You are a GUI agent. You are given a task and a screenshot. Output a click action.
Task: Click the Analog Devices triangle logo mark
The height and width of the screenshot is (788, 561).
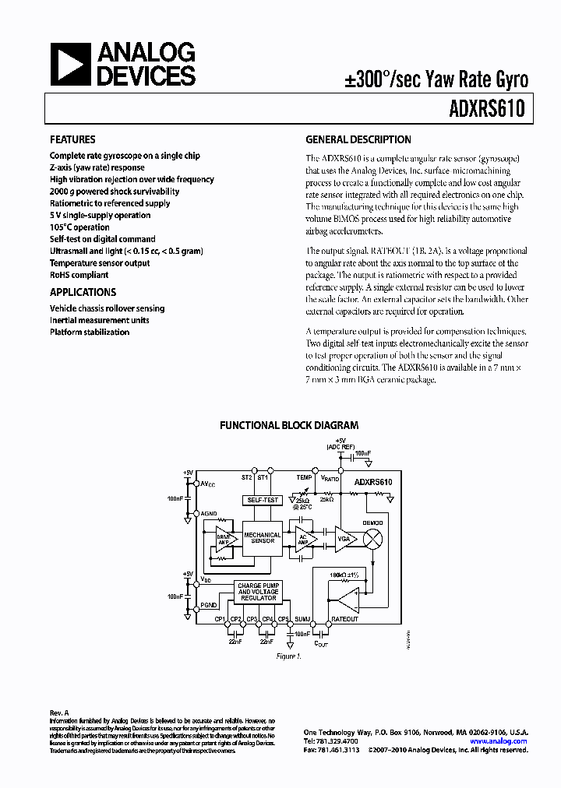pyautogui.click(x=69, y=65)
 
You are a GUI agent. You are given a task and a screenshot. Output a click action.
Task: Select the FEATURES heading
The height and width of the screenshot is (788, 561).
pyautogui.click(x=72, y=140)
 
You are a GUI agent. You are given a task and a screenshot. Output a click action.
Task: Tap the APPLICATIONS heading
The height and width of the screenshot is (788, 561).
pyautogui.click(x=83, y=292)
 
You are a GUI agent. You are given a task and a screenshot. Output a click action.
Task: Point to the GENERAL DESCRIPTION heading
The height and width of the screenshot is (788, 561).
pyautogui.click(x=358, y=140)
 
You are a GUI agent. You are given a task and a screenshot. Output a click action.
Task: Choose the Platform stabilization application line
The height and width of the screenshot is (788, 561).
pyautogui.click(x=90, y=332)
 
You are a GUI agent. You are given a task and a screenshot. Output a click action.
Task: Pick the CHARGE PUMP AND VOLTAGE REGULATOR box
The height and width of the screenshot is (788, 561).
pyautogui.click(x=257, y=591)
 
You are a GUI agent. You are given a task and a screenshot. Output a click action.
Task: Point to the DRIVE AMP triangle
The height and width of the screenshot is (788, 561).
pyautogui.click(x=224, y=539)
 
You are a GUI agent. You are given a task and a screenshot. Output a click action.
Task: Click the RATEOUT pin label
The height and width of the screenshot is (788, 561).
pyautogui.click(x=344, y=618)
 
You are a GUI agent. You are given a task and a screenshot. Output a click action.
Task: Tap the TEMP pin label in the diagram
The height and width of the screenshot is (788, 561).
pyautogui.click(x=304, y=477)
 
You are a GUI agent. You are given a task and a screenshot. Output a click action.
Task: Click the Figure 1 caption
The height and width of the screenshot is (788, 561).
pyautogui.click(x=288, y=656)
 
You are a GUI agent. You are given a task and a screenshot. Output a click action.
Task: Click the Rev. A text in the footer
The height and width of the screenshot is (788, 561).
pyautogui.click(x=60, y=712)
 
